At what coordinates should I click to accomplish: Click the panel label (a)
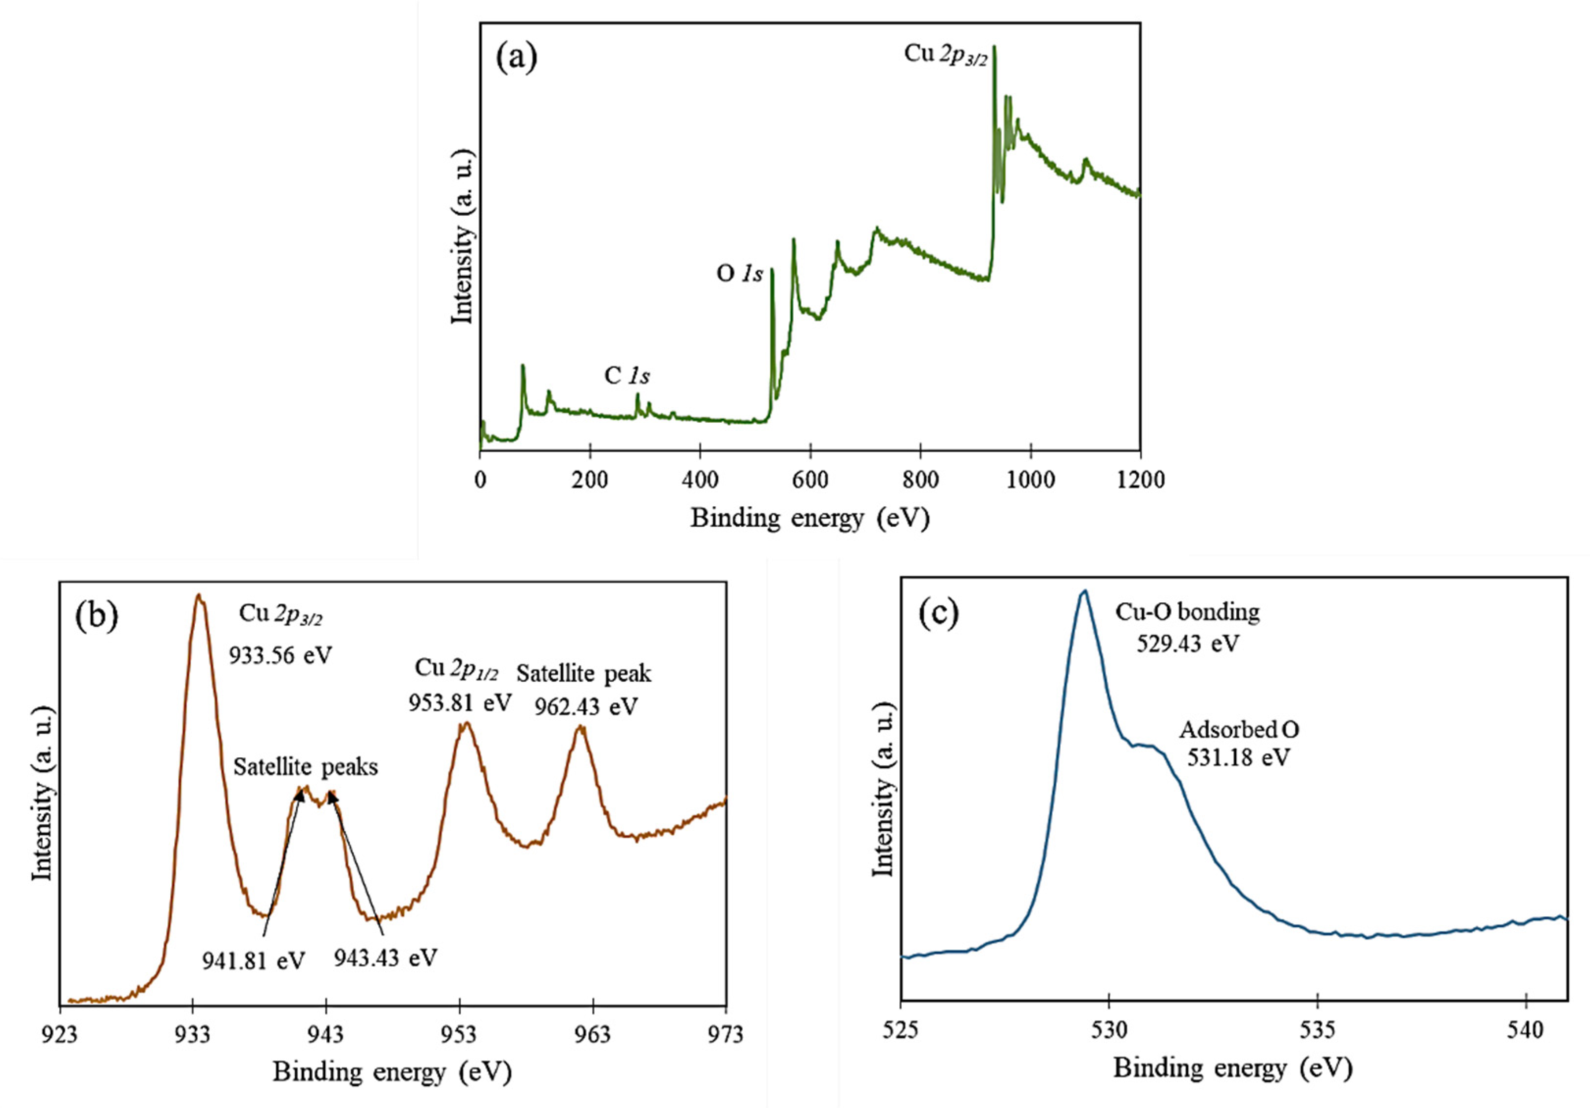click(x=517, y=59)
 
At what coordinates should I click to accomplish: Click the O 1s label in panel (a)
click(x=739, y=274)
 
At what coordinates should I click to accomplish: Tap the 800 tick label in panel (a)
click(x=920, y=480)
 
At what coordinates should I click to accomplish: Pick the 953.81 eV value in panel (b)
click(x=459, y=703)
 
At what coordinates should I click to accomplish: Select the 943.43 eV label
click(x=386, y=958)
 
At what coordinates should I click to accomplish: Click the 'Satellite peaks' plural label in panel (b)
click(x=306, y=767)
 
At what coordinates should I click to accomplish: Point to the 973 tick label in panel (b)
click(x=726, y=1034)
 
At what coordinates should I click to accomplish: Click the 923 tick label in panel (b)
click(x=60, y=1034)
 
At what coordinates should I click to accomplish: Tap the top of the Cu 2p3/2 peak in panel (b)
click(x=199, y=595)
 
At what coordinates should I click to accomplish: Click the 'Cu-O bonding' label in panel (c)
click(x=1187, y=612)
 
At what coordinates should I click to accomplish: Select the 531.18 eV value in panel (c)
click(x=1239, y=758)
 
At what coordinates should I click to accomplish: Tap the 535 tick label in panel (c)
click(x=1317, y=1031)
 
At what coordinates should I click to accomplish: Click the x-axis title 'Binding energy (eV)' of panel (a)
click(x=809, y=518)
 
